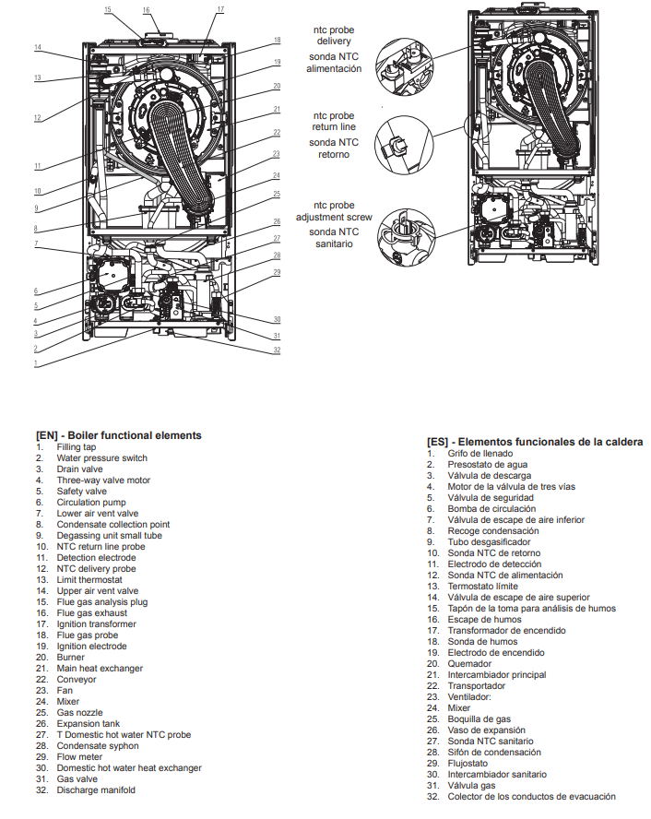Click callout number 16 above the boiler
click(147, 10)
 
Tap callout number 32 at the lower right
click(277, 350)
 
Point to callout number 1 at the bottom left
click(36, 363)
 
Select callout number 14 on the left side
click(38, 47)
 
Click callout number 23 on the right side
click(276, 153)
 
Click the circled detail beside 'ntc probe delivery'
click(405, 66)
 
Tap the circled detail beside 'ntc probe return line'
click(404, 145)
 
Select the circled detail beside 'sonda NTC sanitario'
click(407, 237)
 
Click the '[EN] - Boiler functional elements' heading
click(119, 435)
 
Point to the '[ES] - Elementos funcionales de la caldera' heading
click(535, 442)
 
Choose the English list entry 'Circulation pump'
click(91, 503)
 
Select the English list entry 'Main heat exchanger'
click(100, 668)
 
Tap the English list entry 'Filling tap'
click(77, 447)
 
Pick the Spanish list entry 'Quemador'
click(469, 664)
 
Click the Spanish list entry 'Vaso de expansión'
click(487, 730)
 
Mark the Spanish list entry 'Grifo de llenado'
click(480, 454)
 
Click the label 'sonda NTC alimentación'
click(334, 63)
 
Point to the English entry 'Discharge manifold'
click(96, 790)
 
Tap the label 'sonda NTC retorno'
click(334, 148)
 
